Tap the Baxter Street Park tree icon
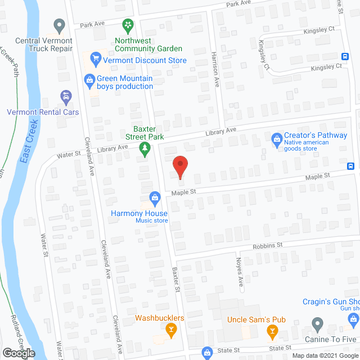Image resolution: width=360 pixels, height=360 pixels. pyautogui.click(x=145, y=150)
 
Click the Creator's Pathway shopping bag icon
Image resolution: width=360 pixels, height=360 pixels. pyautogui.click(x=277, y=138)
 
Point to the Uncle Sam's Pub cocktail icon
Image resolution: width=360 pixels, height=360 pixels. pyautogui.click(x=273, y=331)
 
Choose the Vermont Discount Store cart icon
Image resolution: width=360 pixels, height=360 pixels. pyautogui.click(x=95, y=57)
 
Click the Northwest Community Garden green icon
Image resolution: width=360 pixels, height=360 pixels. pyautogui.click(x=128, y=24)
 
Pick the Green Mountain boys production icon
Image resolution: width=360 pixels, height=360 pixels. pyautogui.click(x=89, y=80)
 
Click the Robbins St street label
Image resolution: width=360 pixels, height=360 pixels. pyautogui.click(x=267, y=245)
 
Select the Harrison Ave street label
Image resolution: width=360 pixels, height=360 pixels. pyautogui.click(x=216, y=74)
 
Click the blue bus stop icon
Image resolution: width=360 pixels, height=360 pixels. pyautogui.click(x=351, y=166)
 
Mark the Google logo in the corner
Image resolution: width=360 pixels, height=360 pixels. pyautogui.click(x=18, y=353)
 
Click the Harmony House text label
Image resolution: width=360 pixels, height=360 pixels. pyautogui.click(x=139, y=213)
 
